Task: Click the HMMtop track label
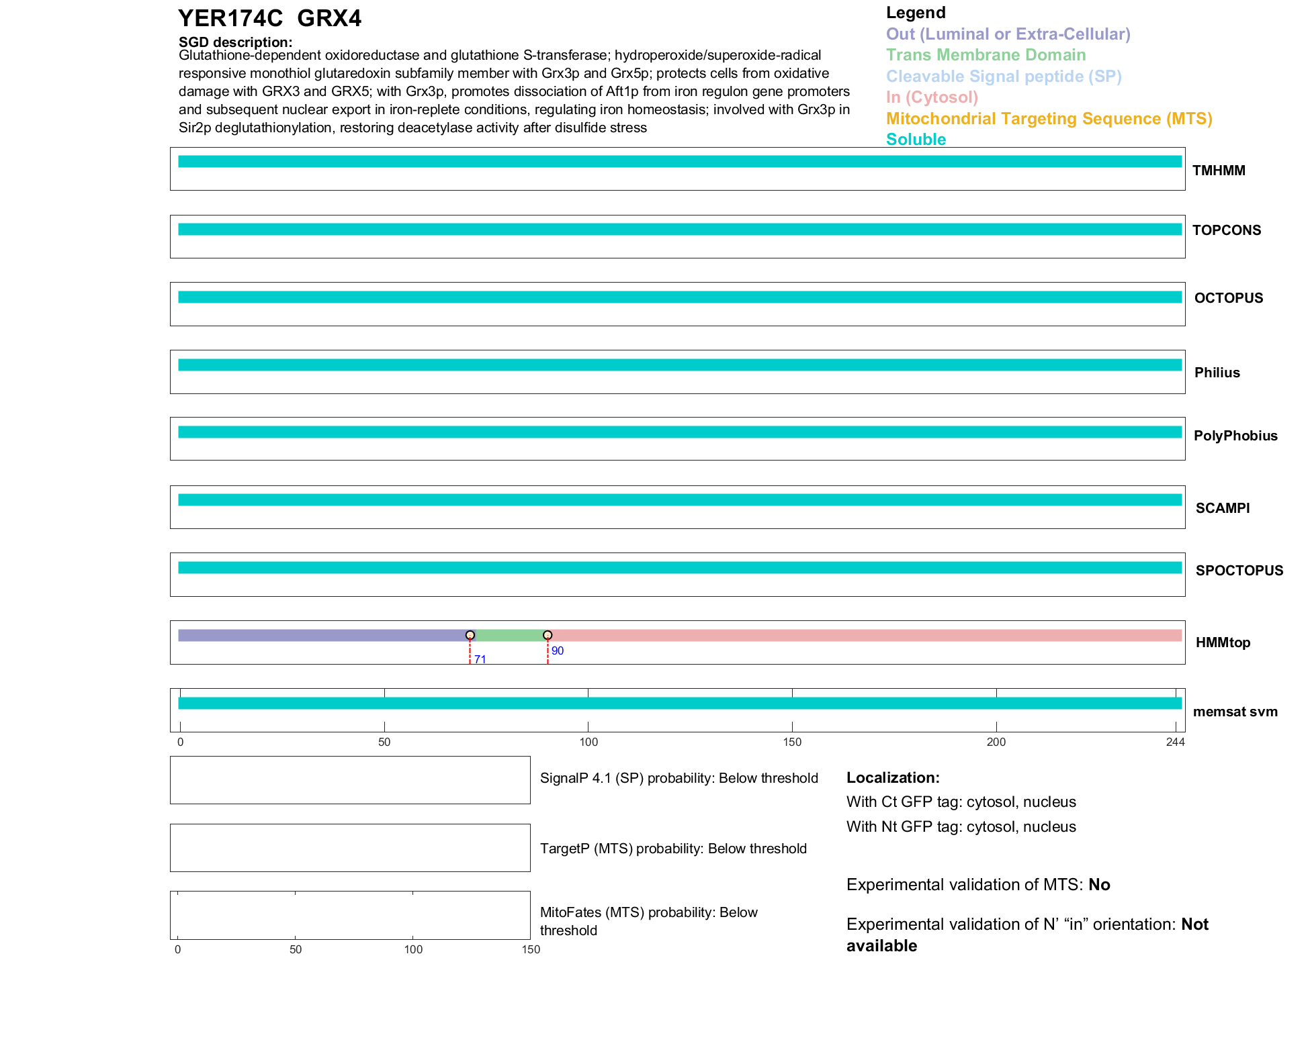[1223, 642]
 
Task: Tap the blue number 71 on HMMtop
[480, 659]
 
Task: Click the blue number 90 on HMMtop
[557, 651]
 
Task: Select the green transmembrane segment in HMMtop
[509, 635]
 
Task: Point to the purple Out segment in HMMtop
[322, 635]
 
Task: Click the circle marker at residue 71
[470, 635]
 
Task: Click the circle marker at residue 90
[548, 635]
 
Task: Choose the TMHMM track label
[1219, 171]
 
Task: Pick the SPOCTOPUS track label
[1239, 571]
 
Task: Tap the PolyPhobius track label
[1235, 436]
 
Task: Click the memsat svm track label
[1235, 712]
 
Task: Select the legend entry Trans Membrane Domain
[986, 55]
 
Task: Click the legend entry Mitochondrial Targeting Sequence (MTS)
[1049, 119]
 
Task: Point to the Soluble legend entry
[916, 140]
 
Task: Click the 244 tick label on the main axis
[1175, 742]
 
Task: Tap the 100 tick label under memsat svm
[588, 742]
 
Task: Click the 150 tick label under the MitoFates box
[531, 949]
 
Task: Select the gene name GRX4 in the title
[329, 19]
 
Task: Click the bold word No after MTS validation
[1099, 885]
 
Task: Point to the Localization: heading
[893, 777]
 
